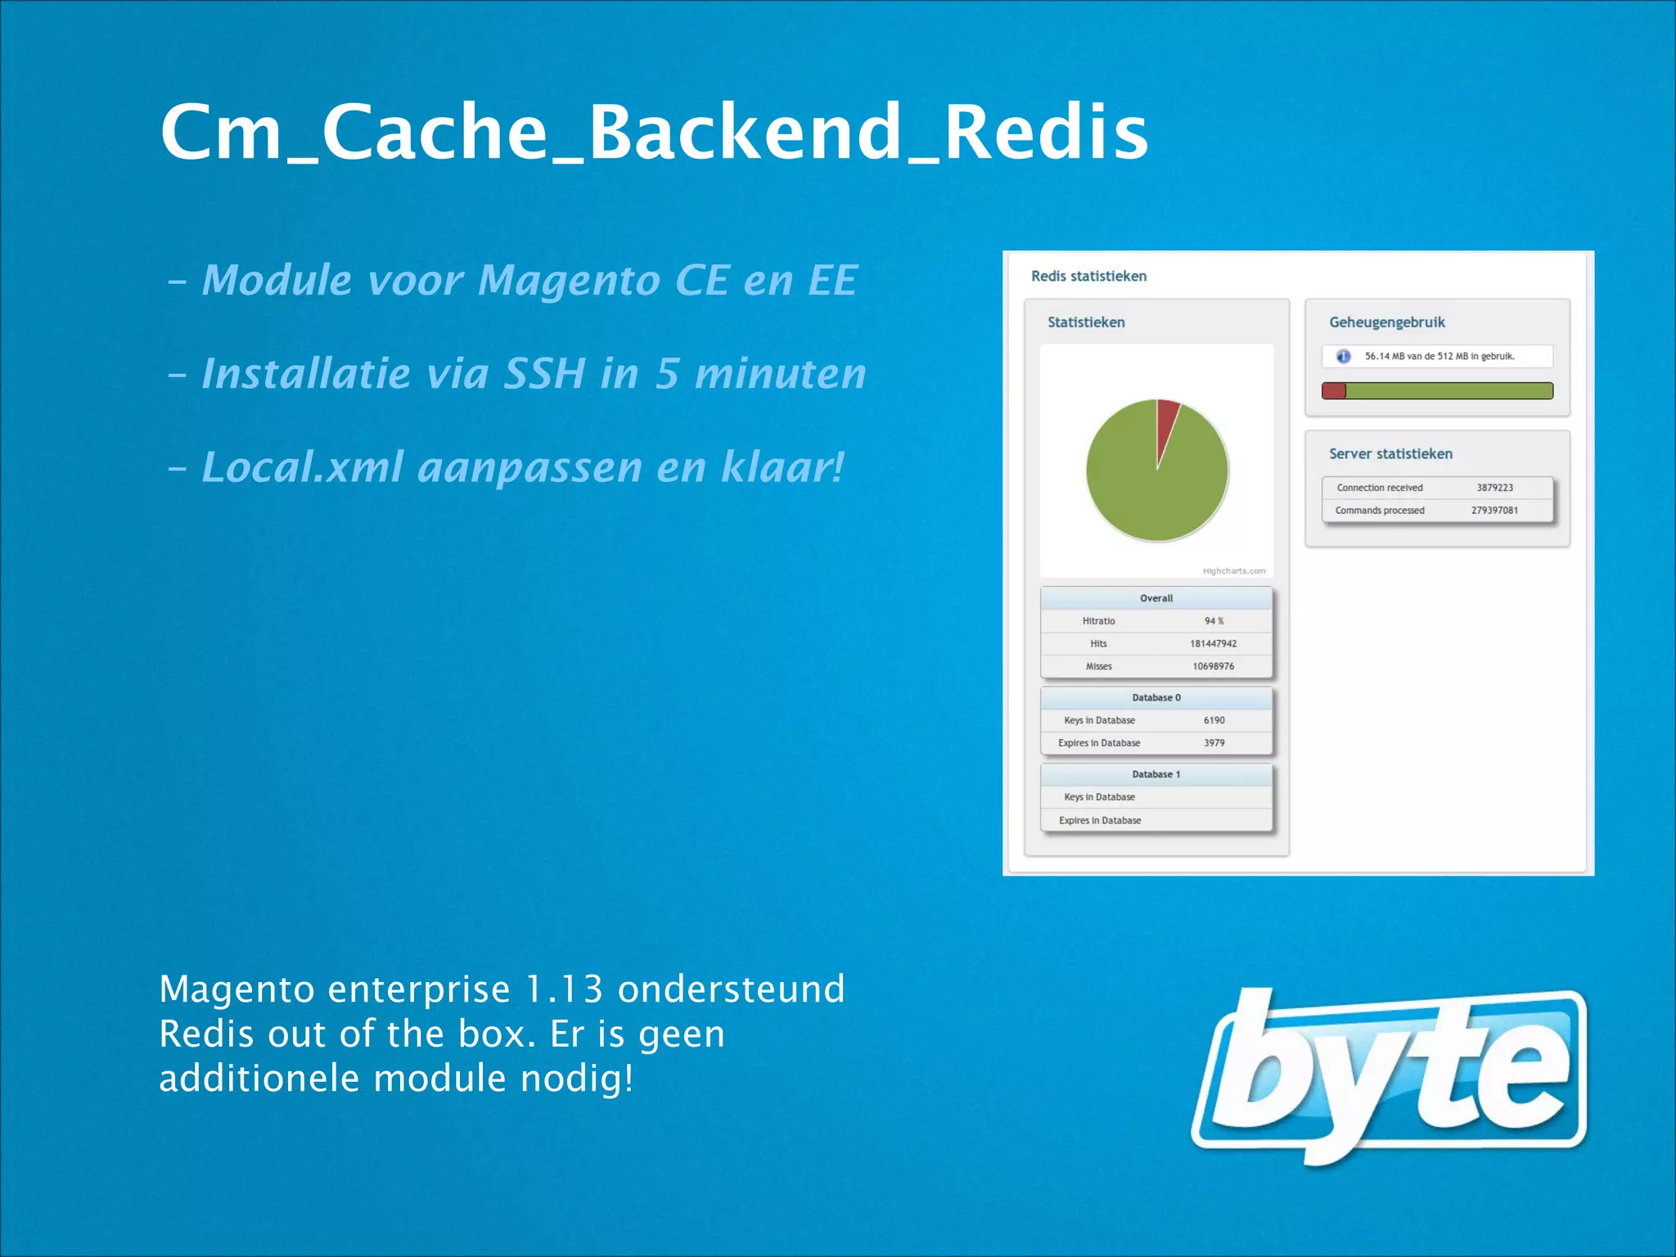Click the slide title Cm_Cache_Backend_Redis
tap(654, 133)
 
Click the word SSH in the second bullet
tap(543, 374)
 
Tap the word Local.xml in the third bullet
tap(302, 467)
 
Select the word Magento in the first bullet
tap(570, 281)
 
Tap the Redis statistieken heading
tap(1088, 277)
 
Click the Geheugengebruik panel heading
tap(1386, 322)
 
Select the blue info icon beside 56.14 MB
tap(1343, 357)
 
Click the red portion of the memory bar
tap(1334, 391)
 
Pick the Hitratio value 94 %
tap(1214, 621)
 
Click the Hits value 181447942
tap(1213, 644)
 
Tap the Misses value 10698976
tap(1213, 666)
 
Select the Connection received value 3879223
tap(1494, 488)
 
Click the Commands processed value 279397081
tap(1494, 511)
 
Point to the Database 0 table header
tap(1156, 698)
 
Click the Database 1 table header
tap(1156, 774)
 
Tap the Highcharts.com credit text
tap(1233, 571)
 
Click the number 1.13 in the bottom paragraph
tap(563, 989)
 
